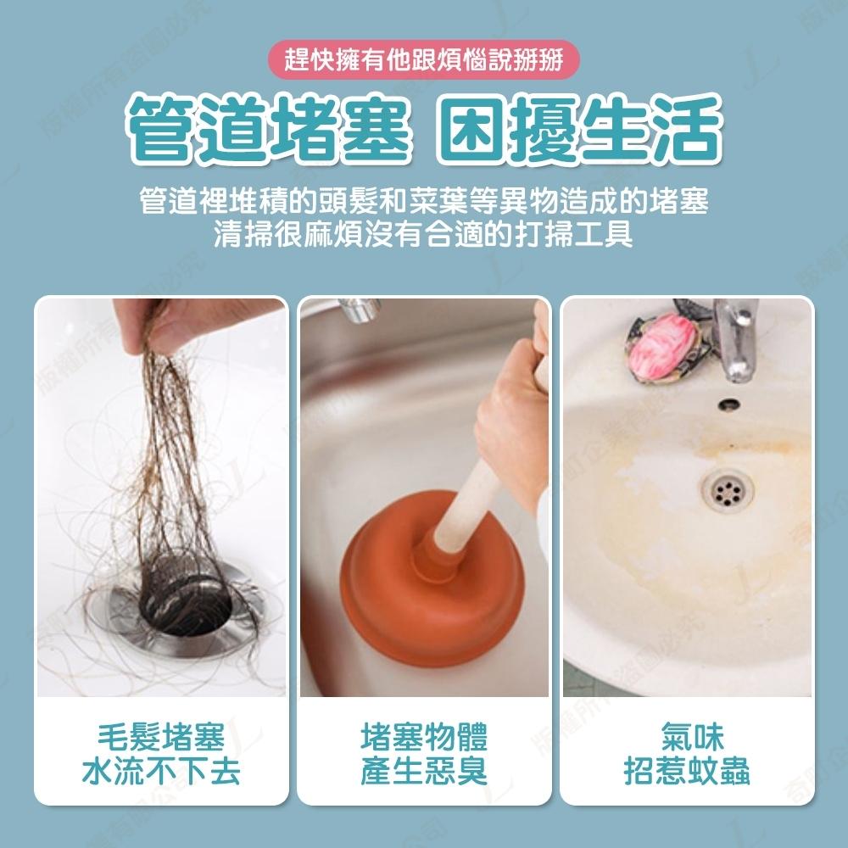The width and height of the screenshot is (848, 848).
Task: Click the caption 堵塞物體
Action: click(424, 737)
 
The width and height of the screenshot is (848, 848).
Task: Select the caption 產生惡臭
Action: click(424, 772)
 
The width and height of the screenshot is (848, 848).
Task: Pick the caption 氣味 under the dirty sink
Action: click(687, 737)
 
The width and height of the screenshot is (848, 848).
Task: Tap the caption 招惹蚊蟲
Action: click(687, 772)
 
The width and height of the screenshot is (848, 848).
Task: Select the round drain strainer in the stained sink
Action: click(727, 489)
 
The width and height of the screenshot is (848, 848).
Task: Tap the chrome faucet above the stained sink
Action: click(734, 335)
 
